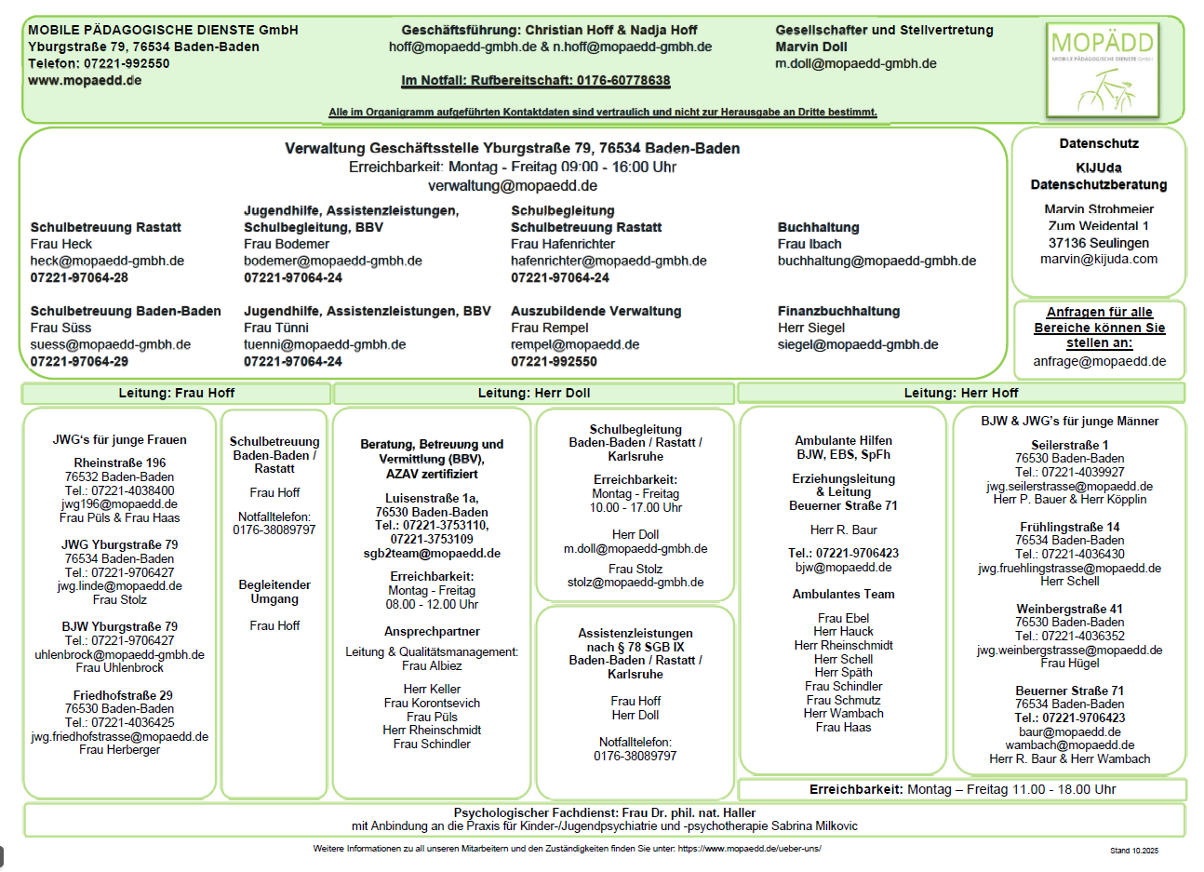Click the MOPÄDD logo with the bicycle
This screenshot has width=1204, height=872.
pos(1103,71)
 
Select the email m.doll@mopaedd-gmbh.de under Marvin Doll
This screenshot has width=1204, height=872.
pos(855,63)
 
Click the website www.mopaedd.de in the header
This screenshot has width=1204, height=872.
pos(85,80)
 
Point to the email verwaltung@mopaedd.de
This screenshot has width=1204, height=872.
pos(512,185)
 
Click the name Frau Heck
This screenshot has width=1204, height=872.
pos(60,244)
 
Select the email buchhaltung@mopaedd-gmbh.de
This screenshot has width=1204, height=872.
pos(876,261)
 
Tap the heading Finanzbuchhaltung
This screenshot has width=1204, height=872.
pos(838,311)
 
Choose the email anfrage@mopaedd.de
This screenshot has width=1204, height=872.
pos(1099,361)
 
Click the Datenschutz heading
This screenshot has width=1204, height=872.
pos(1099,143)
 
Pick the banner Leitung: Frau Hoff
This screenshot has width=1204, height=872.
pos(176,393)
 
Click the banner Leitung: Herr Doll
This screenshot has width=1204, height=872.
pos(533,393)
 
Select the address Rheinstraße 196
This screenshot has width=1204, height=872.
pos(120,463)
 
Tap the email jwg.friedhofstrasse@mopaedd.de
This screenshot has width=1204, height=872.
pos(119,736)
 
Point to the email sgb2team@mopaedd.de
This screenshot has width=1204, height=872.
pos(432,553)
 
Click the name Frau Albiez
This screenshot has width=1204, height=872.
pos(432,665)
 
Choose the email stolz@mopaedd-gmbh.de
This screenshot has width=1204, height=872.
pos(635,582)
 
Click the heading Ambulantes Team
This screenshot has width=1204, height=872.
pos(843,594)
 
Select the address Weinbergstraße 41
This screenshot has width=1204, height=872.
pos(1069,609)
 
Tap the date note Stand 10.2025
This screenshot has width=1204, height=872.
pos(1133,850)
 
